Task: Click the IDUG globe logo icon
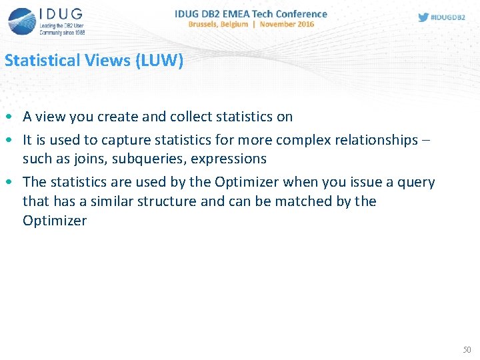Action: click(x=21, y=21)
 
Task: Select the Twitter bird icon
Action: click(x=423, y=17)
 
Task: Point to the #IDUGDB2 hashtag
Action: click(x=449, y=17)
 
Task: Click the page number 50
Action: click(x=466, y=349)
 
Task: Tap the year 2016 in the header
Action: click(x=305, y=24)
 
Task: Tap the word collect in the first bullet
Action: click(x=192, y=117)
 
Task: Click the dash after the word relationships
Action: click(x=427, y=140)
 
